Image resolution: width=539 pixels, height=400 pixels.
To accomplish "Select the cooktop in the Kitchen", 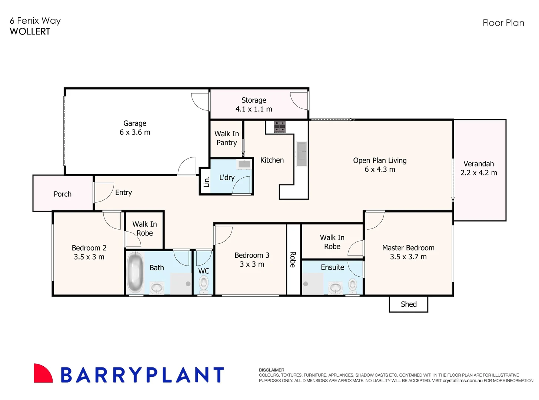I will [x=280, y=127].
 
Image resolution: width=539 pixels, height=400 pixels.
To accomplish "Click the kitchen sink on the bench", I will [x=302, y=154].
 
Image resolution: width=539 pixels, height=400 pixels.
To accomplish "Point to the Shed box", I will [x=409, y=304].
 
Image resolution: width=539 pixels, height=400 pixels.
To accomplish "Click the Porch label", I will [x=63, y=194].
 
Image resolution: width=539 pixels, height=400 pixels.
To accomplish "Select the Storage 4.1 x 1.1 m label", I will [x=254, y=104].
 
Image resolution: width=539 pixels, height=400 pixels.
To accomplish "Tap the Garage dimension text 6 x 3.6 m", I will [x=135, y=132].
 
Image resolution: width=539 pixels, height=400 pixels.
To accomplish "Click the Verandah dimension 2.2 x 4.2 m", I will [x=479, y=173].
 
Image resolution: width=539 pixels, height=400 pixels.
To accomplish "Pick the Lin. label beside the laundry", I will [x=206, y=181].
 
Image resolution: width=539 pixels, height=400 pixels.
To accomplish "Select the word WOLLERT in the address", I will [x=30, y=31].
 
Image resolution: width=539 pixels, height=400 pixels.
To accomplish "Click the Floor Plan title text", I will [x=503, y=23].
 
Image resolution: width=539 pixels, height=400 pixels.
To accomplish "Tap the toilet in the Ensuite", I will [x=353, y=285].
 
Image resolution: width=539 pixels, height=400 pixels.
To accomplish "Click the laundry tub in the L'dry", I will [x=244, y=164].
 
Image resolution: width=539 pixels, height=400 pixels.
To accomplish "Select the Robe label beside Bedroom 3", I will [x=293, y=259].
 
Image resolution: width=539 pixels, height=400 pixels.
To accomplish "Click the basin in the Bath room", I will [x=157, y=287].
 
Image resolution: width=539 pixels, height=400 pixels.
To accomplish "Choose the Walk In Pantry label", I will [x=227, y=138].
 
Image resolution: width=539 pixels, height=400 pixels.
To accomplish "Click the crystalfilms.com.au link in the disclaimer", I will [x=462, y=380].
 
